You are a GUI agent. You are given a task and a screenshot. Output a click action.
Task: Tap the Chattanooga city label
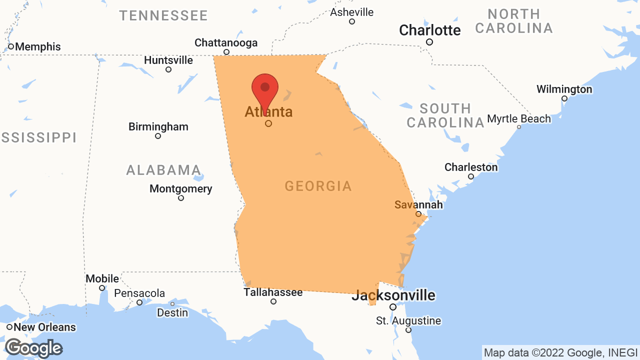click(226, 43)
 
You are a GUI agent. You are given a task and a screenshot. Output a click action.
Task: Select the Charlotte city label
click(429, 30)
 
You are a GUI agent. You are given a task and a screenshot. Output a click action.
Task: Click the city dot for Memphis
click(11, 46)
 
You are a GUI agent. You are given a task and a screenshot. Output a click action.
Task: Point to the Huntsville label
click(168, 60)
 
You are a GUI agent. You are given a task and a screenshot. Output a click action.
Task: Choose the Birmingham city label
click(158, 126)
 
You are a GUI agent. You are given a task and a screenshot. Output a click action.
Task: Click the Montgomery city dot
click(181, 198)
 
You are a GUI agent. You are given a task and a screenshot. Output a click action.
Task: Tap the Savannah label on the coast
click(418, 204)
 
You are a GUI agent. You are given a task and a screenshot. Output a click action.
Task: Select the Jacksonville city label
click(393, 295)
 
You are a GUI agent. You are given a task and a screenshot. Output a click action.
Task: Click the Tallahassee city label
click(273, 292)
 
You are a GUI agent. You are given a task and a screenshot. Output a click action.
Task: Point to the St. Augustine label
click(408, 321)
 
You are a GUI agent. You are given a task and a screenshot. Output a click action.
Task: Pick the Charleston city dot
click(471, 176)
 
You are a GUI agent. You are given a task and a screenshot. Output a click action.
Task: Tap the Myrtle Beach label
click(519, 119)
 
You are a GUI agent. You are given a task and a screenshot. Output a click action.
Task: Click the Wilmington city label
click(564, 89)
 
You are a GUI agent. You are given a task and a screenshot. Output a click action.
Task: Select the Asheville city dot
click(352, 21)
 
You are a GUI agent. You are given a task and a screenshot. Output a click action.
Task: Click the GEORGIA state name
click(318, 186)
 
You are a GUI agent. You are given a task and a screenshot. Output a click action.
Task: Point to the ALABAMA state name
click(163, 170)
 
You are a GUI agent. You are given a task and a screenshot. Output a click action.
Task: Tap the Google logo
click(33, 348)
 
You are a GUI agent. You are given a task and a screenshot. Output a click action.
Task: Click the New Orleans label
click(44, 327)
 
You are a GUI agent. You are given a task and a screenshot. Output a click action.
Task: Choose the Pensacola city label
click(139, 293)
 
